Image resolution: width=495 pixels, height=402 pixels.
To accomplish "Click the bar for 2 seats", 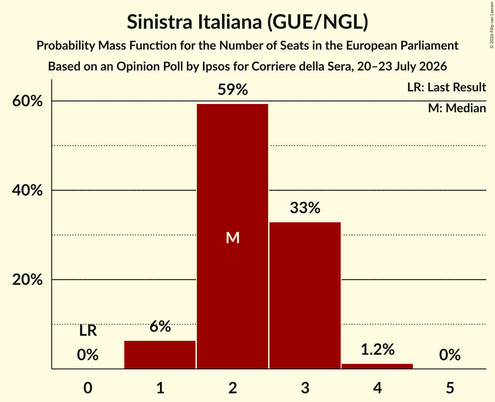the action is click(233, 236).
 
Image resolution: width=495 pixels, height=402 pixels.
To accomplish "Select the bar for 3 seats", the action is click(305, 295).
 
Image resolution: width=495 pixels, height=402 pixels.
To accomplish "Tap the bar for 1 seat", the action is click(160, 355).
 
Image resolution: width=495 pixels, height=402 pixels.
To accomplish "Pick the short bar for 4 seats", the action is click(377, 366).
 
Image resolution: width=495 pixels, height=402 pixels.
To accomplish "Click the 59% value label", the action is click(233, 90).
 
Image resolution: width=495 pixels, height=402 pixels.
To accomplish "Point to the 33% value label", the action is click(305, 208).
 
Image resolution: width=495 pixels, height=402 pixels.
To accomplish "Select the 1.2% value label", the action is click(378, 349).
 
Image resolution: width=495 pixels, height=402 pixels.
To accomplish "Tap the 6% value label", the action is click(160, 326).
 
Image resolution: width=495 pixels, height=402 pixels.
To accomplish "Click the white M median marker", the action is click(233, 238).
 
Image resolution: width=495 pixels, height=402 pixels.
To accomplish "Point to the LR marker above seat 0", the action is click(88, 331).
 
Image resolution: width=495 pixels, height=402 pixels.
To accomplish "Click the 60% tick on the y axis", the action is click(27, 101).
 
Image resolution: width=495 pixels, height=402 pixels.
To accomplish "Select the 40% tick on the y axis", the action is click(27, 190).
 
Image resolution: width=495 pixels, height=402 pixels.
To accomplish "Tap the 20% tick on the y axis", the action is click(27, 280).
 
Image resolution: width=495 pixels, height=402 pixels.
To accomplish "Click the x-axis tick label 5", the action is click(450, 388).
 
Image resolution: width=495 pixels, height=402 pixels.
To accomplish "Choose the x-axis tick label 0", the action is click(88, 388).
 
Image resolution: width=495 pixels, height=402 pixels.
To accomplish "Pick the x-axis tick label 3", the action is click(305, 388).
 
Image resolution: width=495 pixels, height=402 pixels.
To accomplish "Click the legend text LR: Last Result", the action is click(446, 87).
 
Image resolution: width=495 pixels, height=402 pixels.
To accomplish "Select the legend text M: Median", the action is click(457, 108).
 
